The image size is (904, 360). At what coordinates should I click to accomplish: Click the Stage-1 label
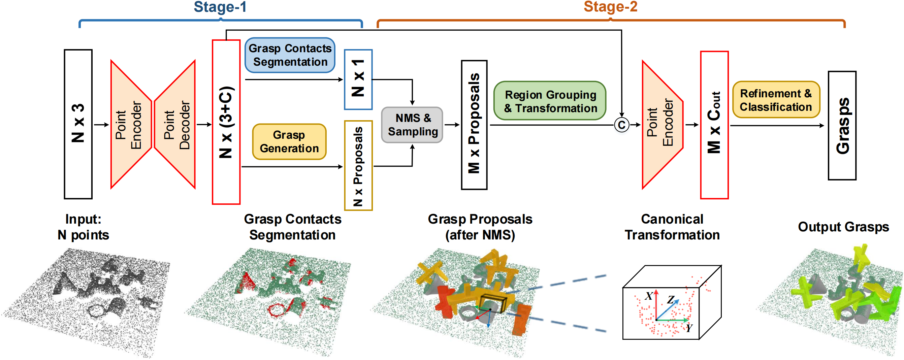pyautogui.click(x=220, y=7)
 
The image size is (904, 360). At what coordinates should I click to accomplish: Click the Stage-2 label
pyautogui.click(x=610, y=7)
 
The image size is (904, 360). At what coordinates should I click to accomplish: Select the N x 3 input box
pyautogui.click(x=78, y=124)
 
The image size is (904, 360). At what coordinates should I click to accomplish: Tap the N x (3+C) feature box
pyautogui.click(x=226, y=122)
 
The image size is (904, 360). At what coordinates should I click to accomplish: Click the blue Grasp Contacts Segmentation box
pyautogui.click(x=290, y=55)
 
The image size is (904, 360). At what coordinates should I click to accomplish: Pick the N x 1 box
pyautogui.click(x=358, y=79)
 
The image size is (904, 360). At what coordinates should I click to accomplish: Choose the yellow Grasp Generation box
pyautogui.click(x=289, y=141)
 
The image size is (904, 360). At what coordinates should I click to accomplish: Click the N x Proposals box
pyautogui.click(x=358, y=165)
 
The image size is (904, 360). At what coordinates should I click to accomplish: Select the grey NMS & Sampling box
pyautogui.click(x=412, y=125)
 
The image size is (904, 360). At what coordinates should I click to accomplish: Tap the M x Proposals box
pyautogui.click(x=474, y=125)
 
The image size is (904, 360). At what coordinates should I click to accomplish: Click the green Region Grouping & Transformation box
pyautogui.click(x=550, y=101)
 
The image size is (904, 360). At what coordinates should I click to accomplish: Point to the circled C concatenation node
pyautogui.click(x=621, y=125)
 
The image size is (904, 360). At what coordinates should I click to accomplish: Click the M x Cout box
pyautogui.click(x=714, y=125)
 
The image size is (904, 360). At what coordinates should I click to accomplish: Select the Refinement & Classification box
pyautogui.click(x=776, y=100)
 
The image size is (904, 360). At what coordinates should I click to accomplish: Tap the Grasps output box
pyautogui.click(x=842, y=125)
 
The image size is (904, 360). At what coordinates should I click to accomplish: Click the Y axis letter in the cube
pyautogui.click(x=689, y=328)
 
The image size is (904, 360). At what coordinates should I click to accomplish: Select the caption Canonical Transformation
pyautogui.click(x=672, y=227)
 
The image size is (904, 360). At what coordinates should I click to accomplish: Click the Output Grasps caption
pyautogui.click(x=843, y=227)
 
